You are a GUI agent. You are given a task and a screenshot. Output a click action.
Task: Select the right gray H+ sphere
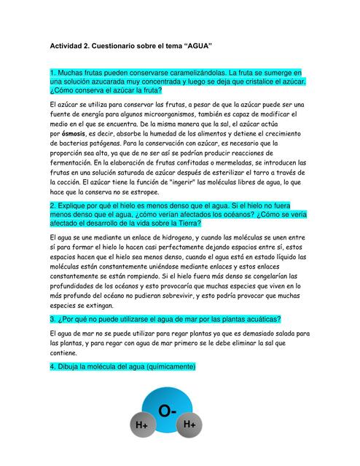point(189,423)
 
